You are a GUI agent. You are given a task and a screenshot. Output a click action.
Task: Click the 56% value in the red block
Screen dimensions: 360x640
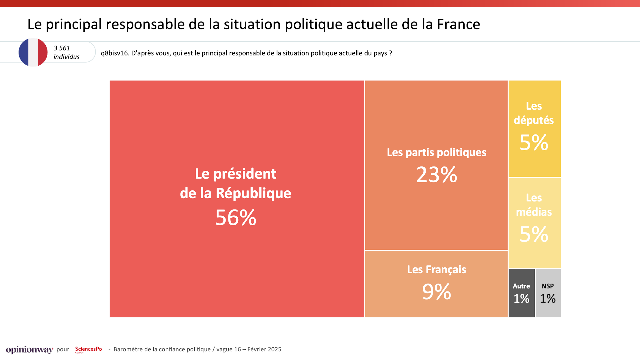tap(236, 218)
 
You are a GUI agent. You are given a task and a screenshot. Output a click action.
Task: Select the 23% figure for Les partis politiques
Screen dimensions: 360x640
tap(436, 175)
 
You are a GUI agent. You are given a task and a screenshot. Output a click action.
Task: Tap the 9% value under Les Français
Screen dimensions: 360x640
tap(436, 292)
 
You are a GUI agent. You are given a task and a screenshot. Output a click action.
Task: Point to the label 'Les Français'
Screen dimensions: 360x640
tap(436, 269)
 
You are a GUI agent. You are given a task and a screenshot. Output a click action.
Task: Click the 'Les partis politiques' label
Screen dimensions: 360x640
tap(436, 152)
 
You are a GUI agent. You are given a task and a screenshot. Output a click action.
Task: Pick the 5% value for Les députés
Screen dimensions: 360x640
tap(534, 143)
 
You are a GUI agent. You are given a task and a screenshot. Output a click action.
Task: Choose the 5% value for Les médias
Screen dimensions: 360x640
tap(534, 234)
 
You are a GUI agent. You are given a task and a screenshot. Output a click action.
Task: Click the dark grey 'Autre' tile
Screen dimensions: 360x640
tap(521, 293)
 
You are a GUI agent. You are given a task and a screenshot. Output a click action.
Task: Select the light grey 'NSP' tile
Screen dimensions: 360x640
tap(548, 293)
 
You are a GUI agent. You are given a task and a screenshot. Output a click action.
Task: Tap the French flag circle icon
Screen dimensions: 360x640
tap(33, 52)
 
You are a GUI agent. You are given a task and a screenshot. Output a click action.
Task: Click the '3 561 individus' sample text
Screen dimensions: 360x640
tap(66, 52)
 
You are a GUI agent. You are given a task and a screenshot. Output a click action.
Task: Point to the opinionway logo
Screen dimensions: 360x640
tap(29, 350)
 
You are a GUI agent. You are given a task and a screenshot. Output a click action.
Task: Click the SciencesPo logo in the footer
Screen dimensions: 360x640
tap(88, 349)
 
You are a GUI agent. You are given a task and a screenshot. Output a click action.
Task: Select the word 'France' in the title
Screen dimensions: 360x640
tap(458, 24)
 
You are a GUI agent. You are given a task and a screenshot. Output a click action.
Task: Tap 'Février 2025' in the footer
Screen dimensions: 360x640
tap(264, 349)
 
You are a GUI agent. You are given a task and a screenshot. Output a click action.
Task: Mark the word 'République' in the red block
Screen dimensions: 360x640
tap(253, 193)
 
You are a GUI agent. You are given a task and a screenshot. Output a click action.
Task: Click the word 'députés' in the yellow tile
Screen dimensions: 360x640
tap(534, 120)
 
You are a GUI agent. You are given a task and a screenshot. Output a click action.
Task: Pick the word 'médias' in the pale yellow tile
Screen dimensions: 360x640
tap(534, 212)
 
